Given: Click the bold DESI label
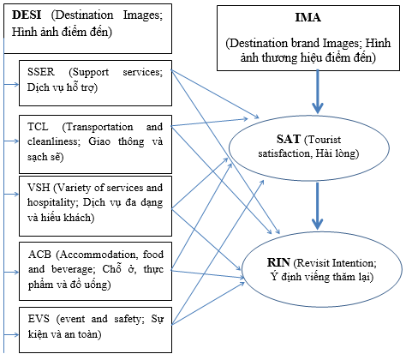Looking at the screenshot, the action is click(x=27, y=15).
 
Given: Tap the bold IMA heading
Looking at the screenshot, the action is click(x=308, y=17).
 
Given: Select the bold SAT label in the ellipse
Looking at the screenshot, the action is click(x=289, y=139).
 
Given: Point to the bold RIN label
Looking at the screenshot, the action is click(x=278, y=262).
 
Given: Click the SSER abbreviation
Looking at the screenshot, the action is click(x=41, y=71).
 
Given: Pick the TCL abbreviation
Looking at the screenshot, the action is click(x=38, y=126).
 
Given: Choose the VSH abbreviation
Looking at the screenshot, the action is click(x=39, y=188).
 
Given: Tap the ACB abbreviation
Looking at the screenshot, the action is click(x=39, y=254).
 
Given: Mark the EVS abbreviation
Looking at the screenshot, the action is click(x=39, y=318).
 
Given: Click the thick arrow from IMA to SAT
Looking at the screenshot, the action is click(x=317, y=92).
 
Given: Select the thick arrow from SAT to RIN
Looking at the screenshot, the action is click(x=317, y=206).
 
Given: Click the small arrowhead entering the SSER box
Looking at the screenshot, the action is click(x=16, y=84).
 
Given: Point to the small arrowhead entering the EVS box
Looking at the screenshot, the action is click(x=16, y=334).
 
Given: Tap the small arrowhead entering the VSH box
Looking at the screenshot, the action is click(x=16, y=195).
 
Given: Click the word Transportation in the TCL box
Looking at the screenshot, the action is click(x=98, y=127).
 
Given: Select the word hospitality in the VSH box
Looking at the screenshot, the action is click(x=51, y=202).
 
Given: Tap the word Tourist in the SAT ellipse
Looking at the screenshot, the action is click(x=323, y=140).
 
